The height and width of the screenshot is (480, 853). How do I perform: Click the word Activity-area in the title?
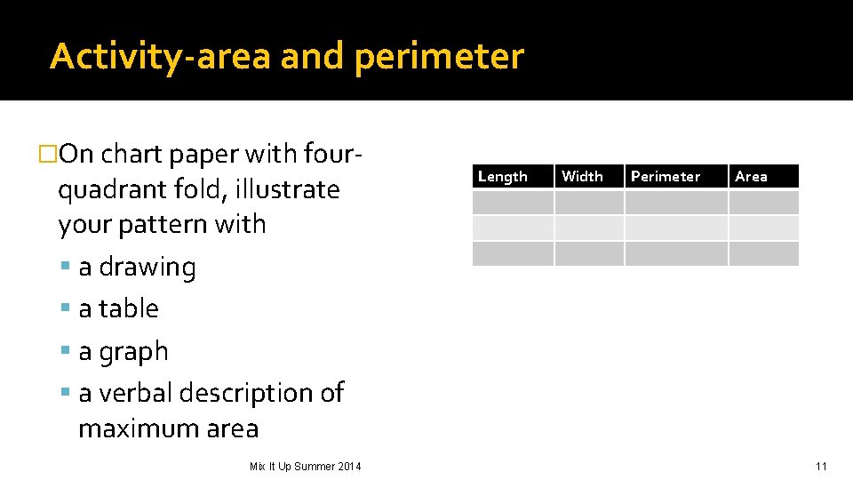pos(160,57)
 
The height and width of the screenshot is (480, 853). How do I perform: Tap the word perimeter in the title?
pos(439,57)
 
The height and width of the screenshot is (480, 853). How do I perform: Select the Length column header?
pos(503,176)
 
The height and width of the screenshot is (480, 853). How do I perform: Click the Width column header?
pos(582,176)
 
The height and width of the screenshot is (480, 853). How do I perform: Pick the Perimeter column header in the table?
pos(666,176)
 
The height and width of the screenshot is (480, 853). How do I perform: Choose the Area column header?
pos(751,176)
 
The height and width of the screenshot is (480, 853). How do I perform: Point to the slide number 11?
pos(821,466)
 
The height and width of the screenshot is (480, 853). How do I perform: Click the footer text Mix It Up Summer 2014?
pos(305,466)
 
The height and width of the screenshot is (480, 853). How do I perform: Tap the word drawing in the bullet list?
pos(147,268)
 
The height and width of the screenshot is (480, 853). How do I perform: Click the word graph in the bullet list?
pos(133,352)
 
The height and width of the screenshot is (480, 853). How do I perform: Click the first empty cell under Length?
pos(512,203)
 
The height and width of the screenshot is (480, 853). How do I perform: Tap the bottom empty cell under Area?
pos(763,254)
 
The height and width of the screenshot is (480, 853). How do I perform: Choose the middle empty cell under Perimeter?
pos(676,228)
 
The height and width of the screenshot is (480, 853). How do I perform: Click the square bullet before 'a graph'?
pos(66,351)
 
